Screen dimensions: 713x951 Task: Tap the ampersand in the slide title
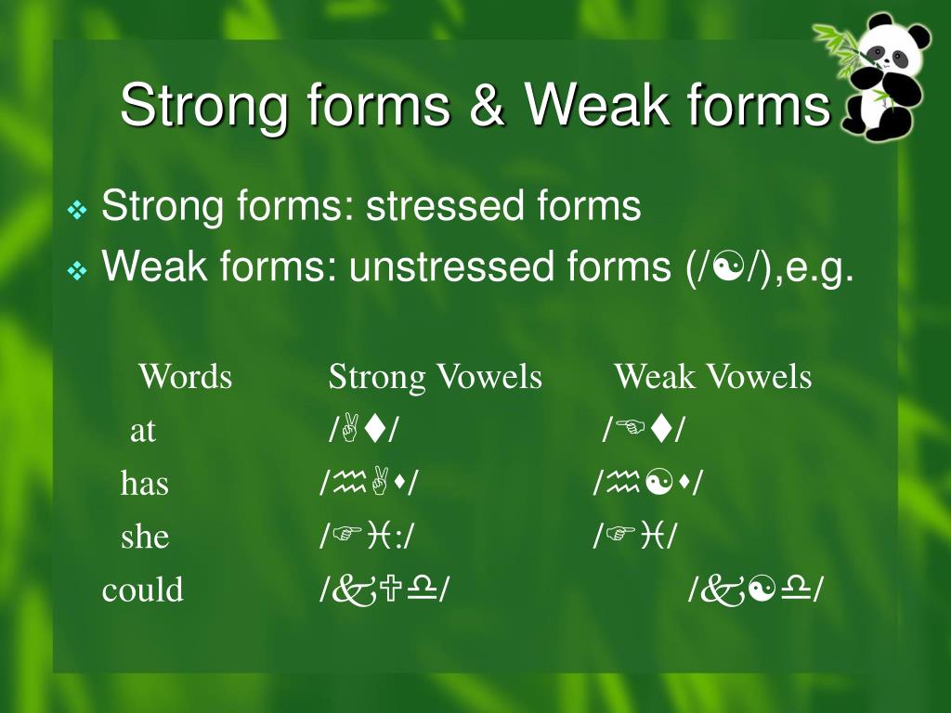point(487,104)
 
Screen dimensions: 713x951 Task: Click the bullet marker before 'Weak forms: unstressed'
point(77,272)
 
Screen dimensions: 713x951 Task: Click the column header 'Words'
point(185,377)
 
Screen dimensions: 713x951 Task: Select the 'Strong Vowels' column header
point(435,377)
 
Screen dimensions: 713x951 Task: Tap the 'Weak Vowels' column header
point(712,377)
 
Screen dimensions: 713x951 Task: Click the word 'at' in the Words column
point(142,430)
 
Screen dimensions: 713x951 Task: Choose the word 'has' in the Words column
point(145,483)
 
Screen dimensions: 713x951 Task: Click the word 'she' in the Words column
point(145,537)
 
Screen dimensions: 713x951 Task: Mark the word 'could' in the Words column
point(143,590)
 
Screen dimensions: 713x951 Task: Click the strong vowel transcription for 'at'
point(363,430)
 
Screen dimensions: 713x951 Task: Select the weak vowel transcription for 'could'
point(756,590)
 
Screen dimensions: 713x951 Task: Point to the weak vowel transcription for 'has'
point(647,483)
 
